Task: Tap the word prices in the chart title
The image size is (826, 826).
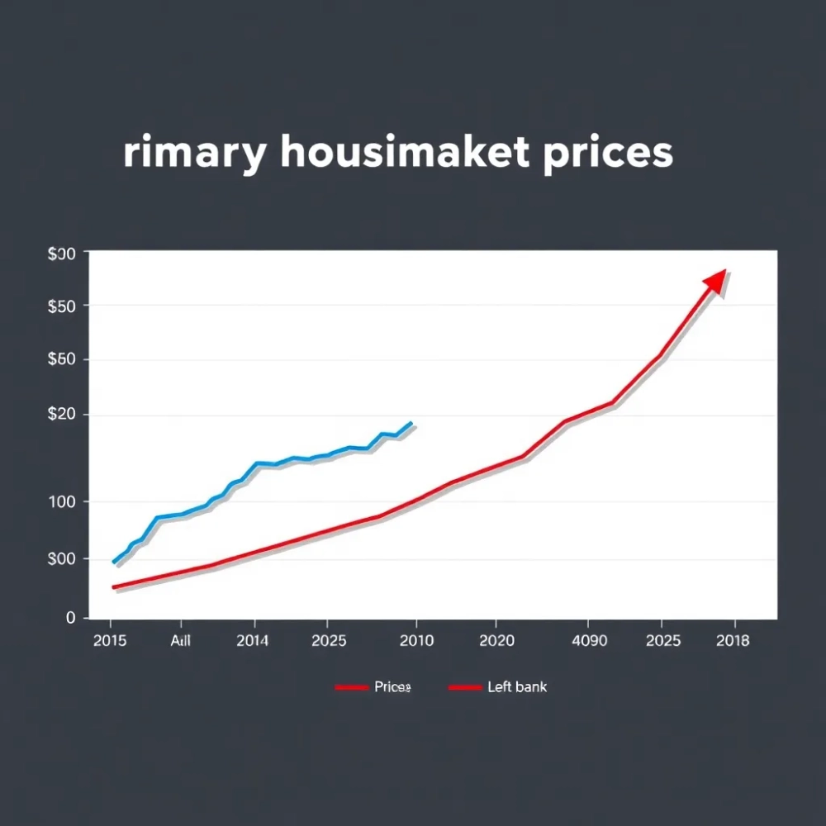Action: (x=608, y=154)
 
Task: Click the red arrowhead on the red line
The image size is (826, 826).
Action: (x=715, y=282)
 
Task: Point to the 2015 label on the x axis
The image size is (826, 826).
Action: (x=111, y=641)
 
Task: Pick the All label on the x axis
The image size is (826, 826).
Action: (x=180, y=641)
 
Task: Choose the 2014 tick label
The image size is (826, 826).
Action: (x=252, y=641)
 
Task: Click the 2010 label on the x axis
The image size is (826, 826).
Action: (x=416, y=641)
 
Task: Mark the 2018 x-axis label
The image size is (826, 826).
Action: (x=733, y=641)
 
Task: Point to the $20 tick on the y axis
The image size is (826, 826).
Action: (x=62, y=415)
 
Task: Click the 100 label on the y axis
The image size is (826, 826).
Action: (x=64, y=501)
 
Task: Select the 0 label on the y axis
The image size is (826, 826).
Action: (x=71, y=617)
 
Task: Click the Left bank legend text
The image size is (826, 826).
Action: (x=517, y=687)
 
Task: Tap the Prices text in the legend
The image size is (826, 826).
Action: (x=392, y=687)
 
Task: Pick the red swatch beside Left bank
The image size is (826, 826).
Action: (x=464, y=687)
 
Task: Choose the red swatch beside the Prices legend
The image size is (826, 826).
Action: (x=351, y=687)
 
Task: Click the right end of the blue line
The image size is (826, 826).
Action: (x=411, y=423)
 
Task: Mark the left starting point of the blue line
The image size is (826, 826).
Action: (x=114, y=562)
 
